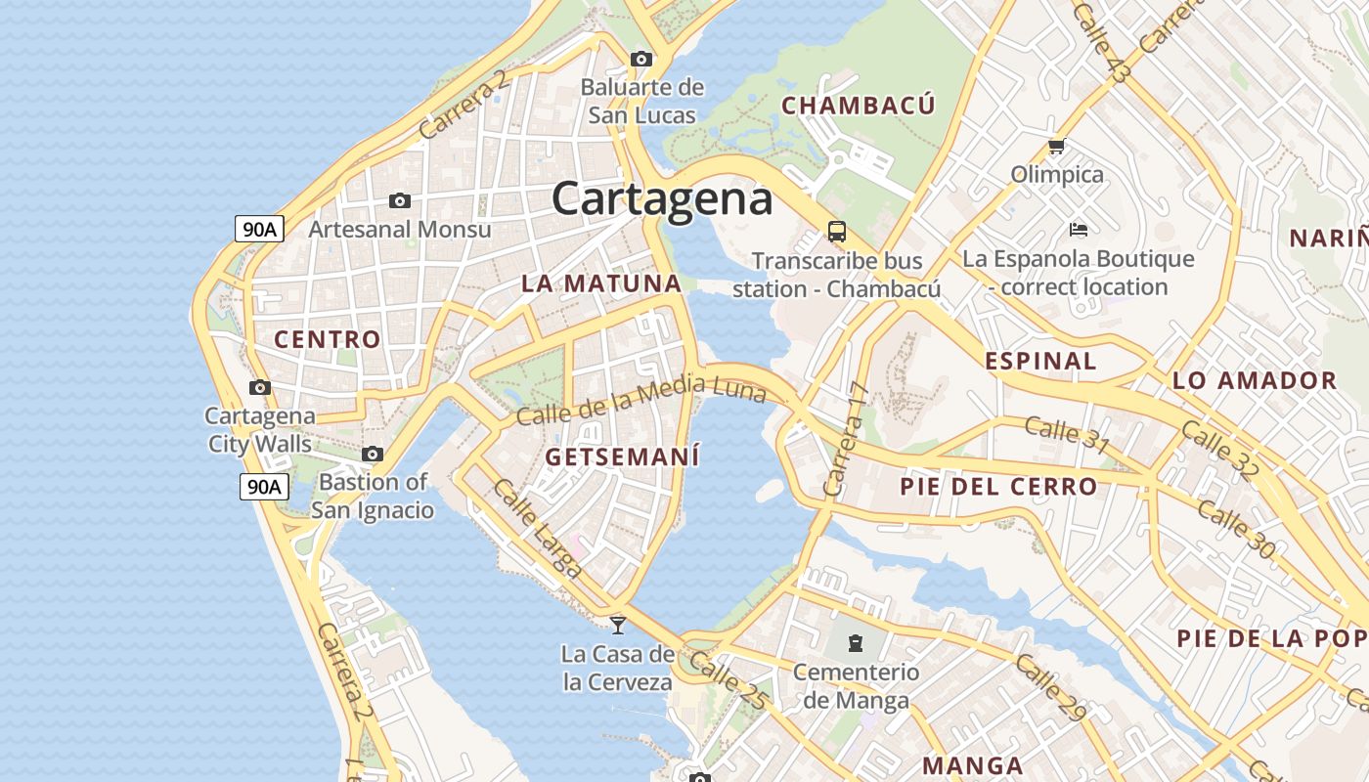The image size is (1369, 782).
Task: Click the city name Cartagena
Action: coord(662,198)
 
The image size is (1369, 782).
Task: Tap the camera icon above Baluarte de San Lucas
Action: coord(641,59)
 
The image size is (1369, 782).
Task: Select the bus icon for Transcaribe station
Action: coord(837,232)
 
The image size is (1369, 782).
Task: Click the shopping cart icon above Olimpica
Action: coord(1056,147)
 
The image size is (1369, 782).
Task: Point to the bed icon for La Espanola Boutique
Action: coord(1078,230)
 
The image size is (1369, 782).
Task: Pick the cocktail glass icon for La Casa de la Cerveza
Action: coord(618,625)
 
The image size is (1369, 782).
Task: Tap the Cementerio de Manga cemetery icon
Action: coord(856,642)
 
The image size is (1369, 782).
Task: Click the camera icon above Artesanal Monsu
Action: coord(400,200)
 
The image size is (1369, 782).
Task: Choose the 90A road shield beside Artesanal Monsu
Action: coord(260,230)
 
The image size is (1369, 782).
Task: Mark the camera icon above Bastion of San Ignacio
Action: coord(373,454)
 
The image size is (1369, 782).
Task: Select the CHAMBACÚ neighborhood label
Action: coord(859,106)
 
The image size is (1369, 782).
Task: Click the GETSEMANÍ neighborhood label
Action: coord(623,456)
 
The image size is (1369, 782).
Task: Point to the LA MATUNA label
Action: coord(601,283)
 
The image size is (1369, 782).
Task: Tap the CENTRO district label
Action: coord(327,339)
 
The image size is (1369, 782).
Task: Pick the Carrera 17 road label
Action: coord(847,439)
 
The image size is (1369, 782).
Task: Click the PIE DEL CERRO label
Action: coord(998,486)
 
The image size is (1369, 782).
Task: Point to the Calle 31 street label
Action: coord(1067,434)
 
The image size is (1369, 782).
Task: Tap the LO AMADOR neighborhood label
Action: coord(1255,380)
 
